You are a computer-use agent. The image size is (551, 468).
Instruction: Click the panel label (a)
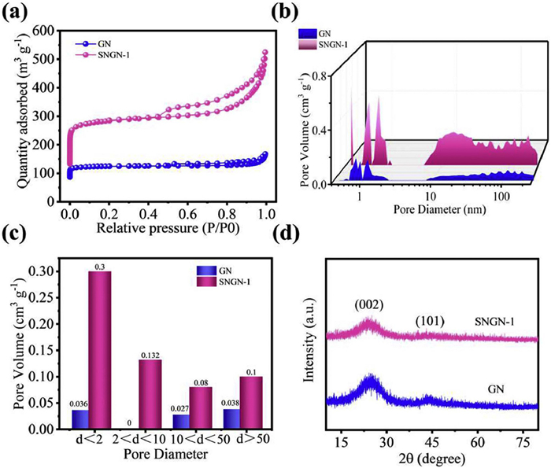point(20,12)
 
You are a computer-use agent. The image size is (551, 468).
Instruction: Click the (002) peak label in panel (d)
point(368,303)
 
